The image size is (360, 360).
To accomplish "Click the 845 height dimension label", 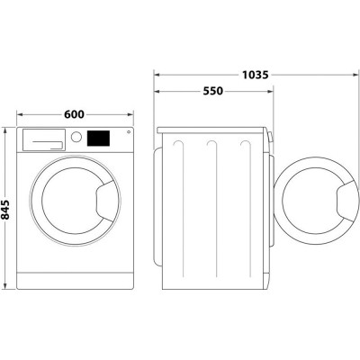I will click(x=8, y=209).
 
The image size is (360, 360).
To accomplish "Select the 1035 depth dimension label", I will click(x=255, y=76).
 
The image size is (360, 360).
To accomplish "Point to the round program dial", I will click(x=76, y=138).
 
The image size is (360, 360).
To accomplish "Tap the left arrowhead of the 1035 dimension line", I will click(x=157, y=76).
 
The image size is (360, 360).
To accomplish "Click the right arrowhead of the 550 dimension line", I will click(x=270, y=92).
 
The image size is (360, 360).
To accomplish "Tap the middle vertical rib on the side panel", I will click(x=211, y=207).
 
